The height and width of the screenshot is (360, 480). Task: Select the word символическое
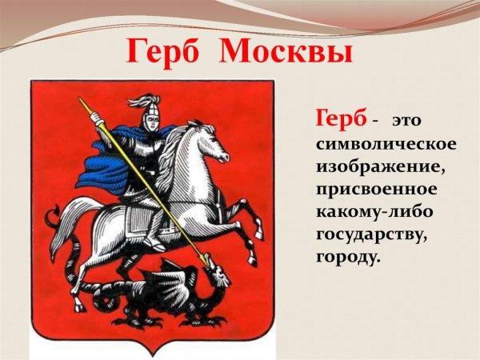pyautogui.click(x=387, y=144)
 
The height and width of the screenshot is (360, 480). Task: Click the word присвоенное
pyautogui.click(x=376, y=191)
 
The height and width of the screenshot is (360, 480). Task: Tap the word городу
pyautogui.click(x=346, y=261)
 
